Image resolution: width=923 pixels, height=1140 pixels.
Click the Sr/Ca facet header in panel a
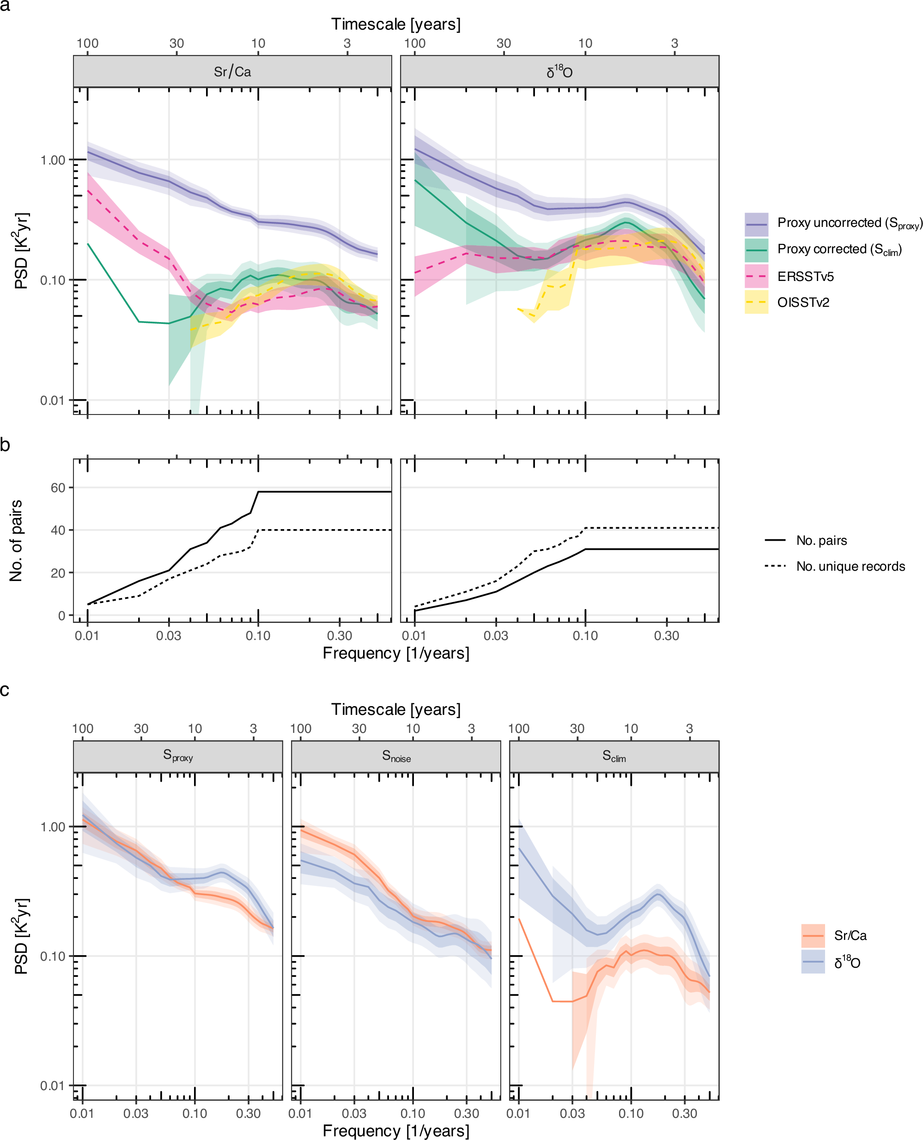[232, 71]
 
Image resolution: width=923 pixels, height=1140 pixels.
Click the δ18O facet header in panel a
[559, 71]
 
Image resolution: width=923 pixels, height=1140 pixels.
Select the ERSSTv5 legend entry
[805, 276]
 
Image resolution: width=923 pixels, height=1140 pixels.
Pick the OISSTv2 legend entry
[803, 303]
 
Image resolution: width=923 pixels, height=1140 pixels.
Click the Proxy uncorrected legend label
[849, 223]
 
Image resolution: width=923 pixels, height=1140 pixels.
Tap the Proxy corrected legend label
[839, 250]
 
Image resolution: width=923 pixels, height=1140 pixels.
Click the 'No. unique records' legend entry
[850, 566]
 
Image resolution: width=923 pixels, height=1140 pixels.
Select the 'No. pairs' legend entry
[821, 540]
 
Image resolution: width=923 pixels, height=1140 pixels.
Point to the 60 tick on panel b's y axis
[58, 488]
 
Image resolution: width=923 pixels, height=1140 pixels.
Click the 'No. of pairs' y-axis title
[16, 540]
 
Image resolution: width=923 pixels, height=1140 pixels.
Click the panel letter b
[6, 445]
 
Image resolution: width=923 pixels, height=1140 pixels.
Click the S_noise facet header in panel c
[396, 756]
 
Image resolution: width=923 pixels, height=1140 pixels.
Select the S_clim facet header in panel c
[614, 756]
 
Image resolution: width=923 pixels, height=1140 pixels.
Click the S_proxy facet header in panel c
[177, 756]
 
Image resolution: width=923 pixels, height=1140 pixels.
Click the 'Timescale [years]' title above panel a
[395, 24]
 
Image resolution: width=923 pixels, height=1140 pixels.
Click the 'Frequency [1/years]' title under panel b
[395, 653]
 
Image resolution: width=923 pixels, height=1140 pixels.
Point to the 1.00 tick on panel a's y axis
[53, 160]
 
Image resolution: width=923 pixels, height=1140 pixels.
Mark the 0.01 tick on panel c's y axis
[53, 1085]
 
